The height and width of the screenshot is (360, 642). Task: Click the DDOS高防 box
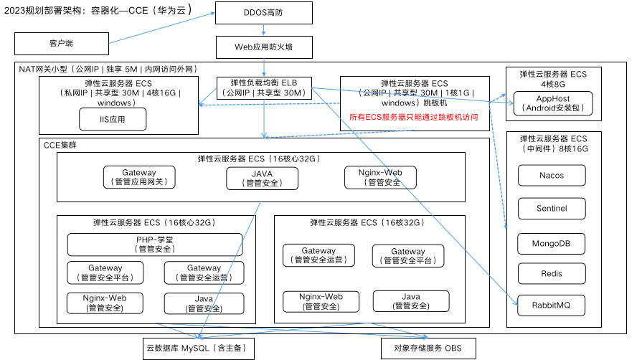264,12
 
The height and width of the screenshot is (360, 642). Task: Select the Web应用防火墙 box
264,47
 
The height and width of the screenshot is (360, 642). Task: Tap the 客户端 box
61,44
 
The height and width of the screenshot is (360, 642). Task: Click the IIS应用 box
113,119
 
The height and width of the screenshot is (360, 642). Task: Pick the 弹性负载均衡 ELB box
264,87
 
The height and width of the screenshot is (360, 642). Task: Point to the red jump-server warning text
414,117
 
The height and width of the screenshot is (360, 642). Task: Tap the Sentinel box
551,209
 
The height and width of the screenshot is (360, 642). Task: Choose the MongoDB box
551,243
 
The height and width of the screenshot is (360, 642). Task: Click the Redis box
551,274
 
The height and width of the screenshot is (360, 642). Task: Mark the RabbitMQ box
551,305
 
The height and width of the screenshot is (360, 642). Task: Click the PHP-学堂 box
155,245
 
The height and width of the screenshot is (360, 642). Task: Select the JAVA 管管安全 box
262,178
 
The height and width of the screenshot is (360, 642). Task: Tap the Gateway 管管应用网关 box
139,177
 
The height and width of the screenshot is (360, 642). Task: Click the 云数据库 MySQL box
199,349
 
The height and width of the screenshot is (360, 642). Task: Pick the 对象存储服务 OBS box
428,349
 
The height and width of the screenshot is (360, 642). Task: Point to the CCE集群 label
60,145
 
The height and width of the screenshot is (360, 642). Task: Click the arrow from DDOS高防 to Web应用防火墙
264,30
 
